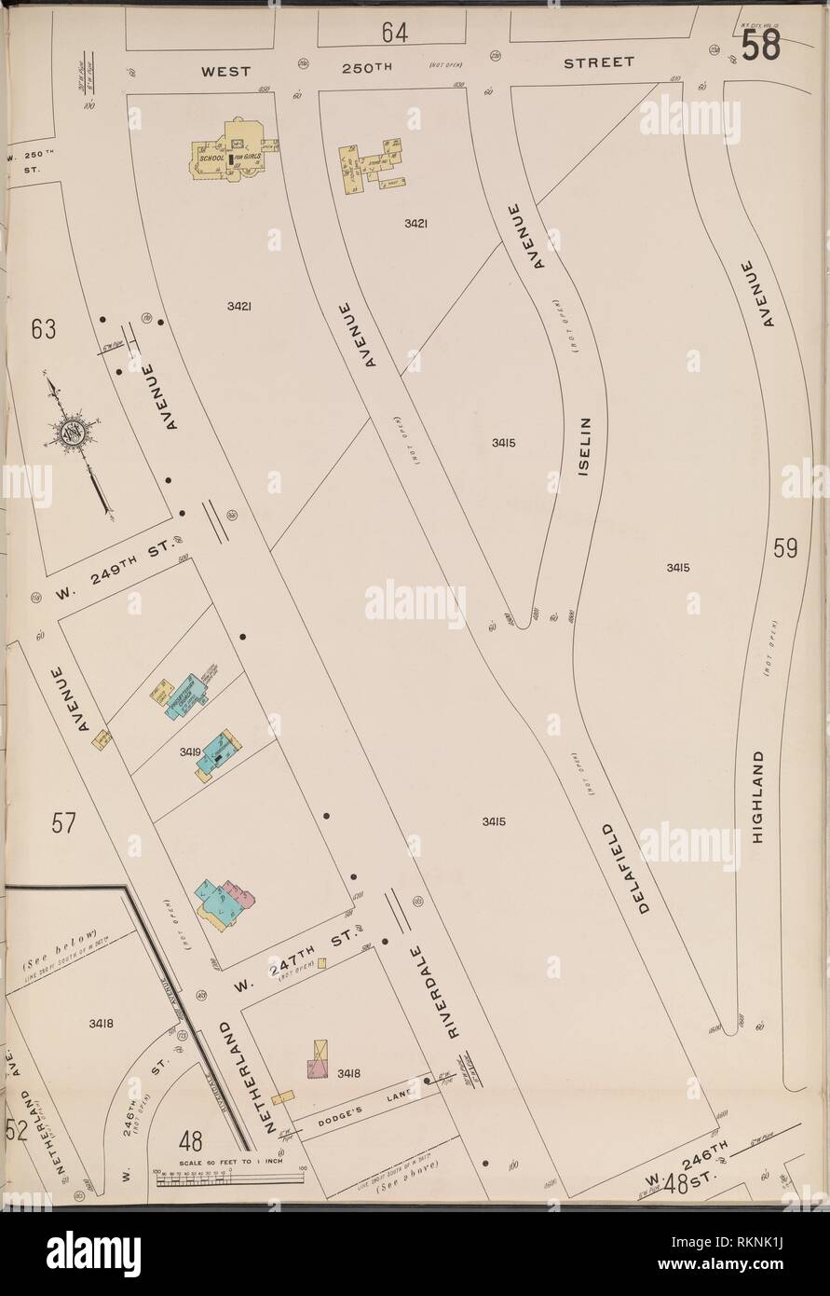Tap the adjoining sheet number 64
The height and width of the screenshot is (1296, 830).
tap(394, 33)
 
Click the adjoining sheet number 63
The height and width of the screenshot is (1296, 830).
tap(43, 330)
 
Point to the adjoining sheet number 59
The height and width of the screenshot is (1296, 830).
tap(785, 548)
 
